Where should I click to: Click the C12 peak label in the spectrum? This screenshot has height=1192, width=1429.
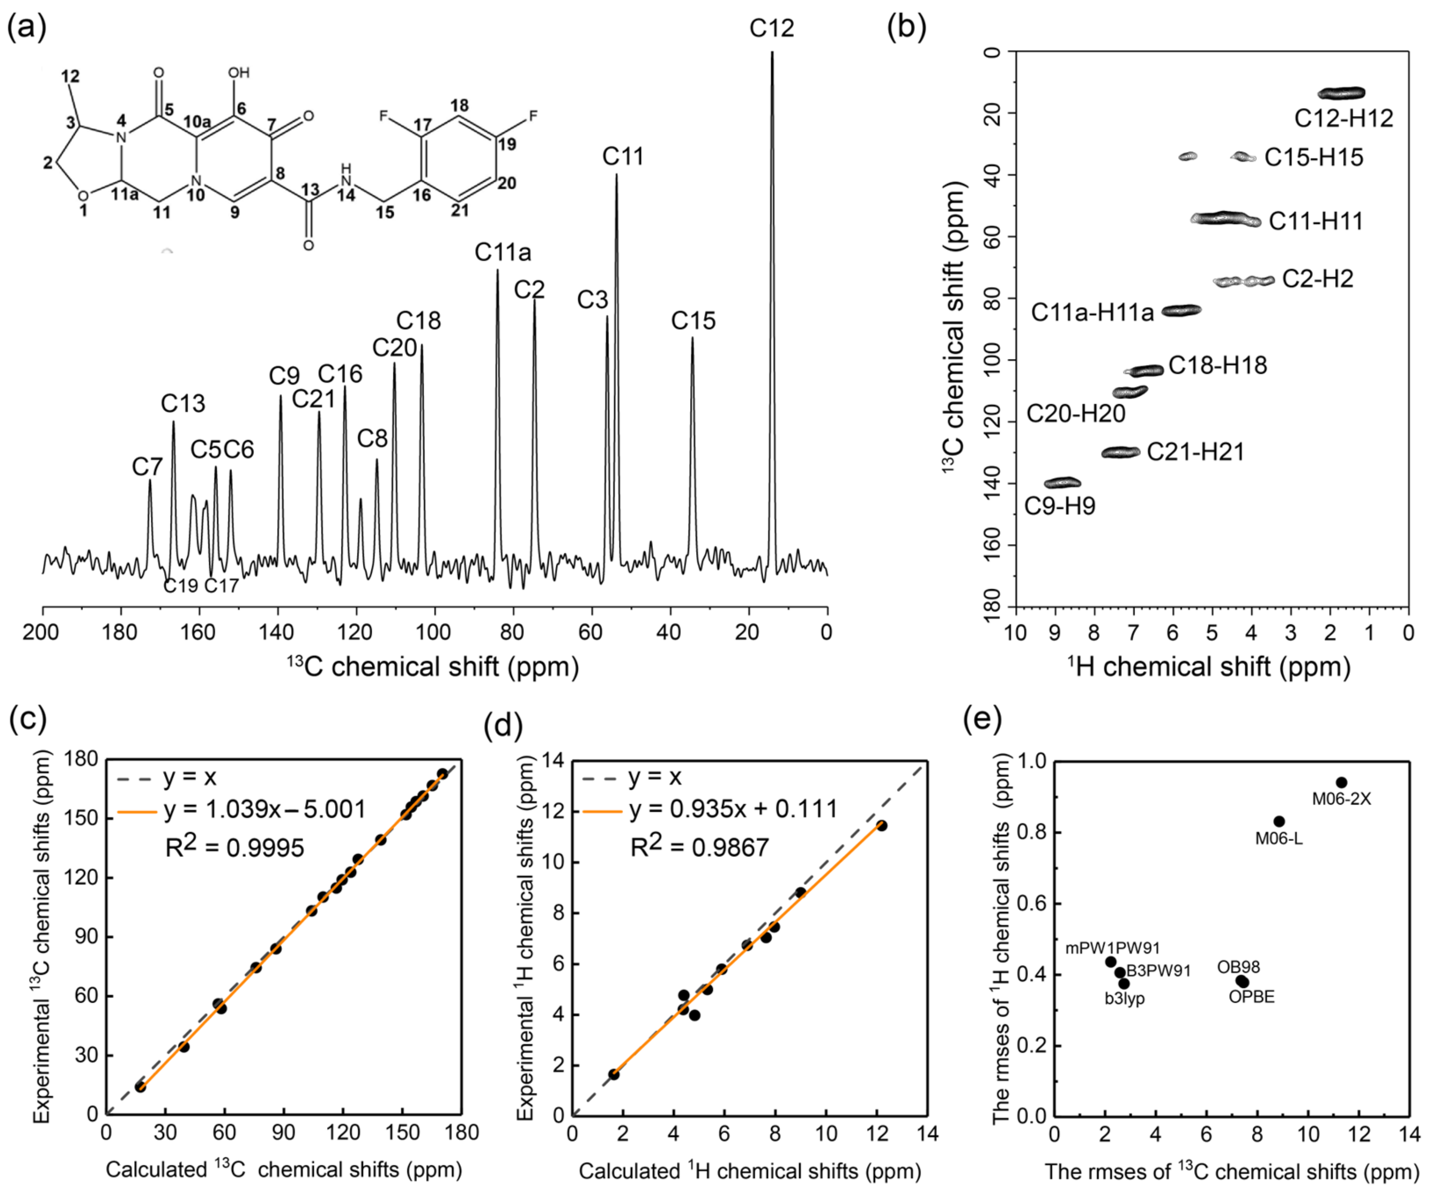tap(772, 28)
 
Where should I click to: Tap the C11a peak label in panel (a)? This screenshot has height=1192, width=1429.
tap(503, 253)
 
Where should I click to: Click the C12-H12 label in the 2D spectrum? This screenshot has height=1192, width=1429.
tap(1343, 118)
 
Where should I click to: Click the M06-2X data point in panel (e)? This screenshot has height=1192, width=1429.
tap(1341, 782)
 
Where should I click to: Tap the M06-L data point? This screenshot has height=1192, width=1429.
tap(1279, 821)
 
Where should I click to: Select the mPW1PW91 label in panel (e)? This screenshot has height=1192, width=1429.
tap(1113, 948)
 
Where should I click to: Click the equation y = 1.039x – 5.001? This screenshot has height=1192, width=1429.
tap(265, 809)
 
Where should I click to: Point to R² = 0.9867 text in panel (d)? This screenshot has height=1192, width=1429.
tap(699, 847)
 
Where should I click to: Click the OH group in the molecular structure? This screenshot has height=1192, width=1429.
tap(238, 73)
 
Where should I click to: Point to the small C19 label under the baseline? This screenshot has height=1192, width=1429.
tap(180, 586)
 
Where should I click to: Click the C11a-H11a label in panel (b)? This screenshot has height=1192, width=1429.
tap(1092, 312)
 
